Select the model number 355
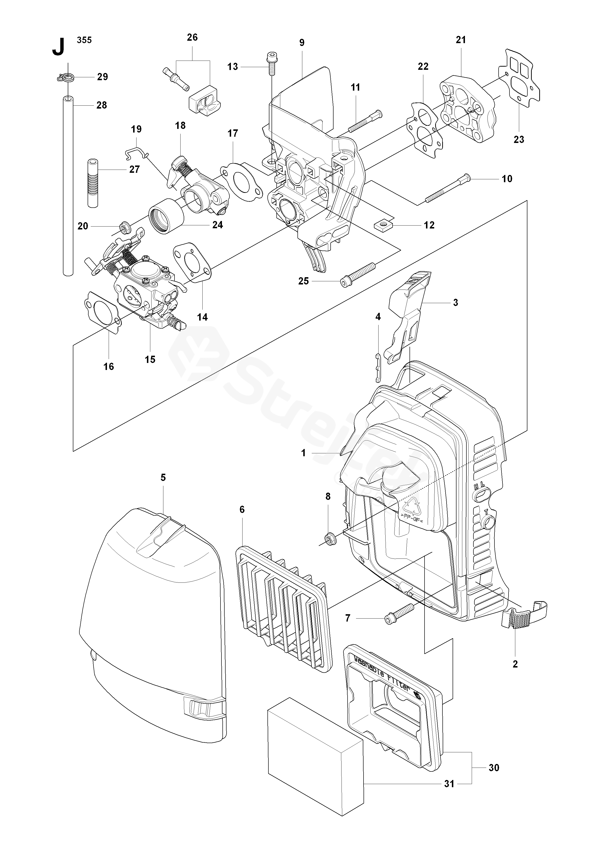84,40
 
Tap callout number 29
102,77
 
